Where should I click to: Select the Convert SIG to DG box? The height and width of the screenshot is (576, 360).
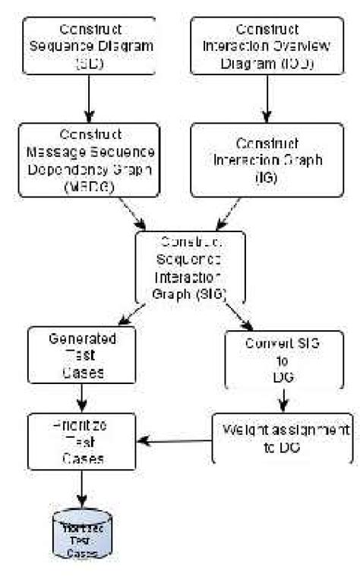tap(282, 360)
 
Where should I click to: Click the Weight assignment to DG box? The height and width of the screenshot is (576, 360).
tap(282, 438)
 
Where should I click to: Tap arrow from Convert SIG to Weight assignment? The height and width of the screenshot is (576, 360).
tap(282, 399)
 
